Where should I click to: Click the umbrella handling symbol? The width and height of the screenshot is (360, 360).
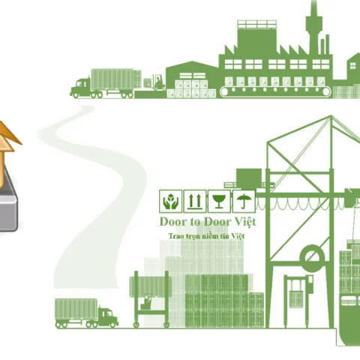tap(244, 201)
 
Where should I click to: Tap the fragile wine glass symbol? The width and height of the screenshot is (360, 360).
tap(219, 201)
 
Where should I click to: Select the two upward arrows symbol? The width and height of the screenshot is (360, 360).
tap(195, 201)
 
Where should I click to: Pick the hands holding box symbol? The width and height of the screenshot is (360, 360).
tap(170, 201)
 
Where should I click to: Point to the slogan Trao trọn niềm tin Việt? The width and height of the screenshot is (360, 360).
tap(206, 236)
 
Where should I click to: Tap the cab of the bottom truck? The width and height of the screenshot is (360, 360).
tap(108, 316)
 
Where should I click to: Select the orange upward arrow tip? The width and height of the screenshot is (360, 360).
tap(7, 122)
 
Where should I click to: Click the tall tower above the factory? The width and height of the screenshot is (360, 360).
tap(313, 28)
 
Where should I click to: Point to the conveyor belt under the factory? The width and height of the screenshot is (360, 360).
tap(275, 91)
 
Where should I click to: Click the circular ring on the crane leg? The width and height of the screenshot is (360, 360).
tap(312, 258)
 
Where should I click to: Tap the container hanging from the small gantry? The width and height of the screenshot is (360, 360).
tap(296, 299)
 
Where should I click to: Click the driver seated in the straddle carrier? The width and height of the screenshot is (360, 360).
tap(147, 301)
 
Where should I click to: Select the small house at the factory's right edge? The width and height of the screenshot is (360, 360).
tap(354, 66)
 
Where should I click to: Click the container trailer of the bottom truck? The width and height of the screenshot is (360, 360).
tap(76, 309)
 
